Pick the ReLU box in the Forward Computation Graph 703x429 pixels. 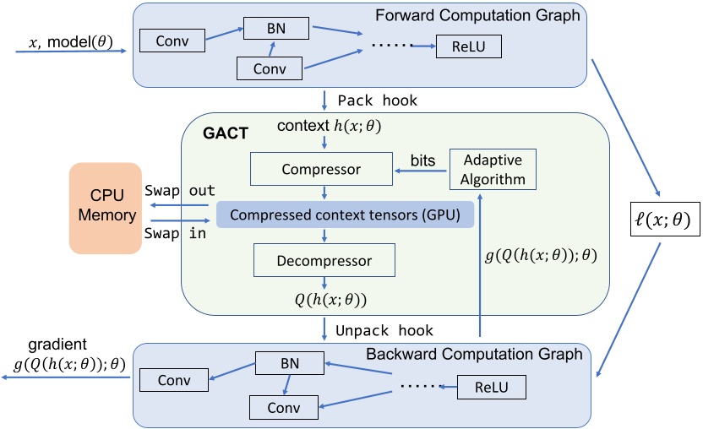point(469,46)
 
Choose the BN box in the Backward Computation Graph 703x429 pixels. point(290,365)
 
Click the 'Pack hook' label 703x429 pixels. point(377,100)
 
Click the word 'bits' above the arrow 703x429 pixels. point(422,160)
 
